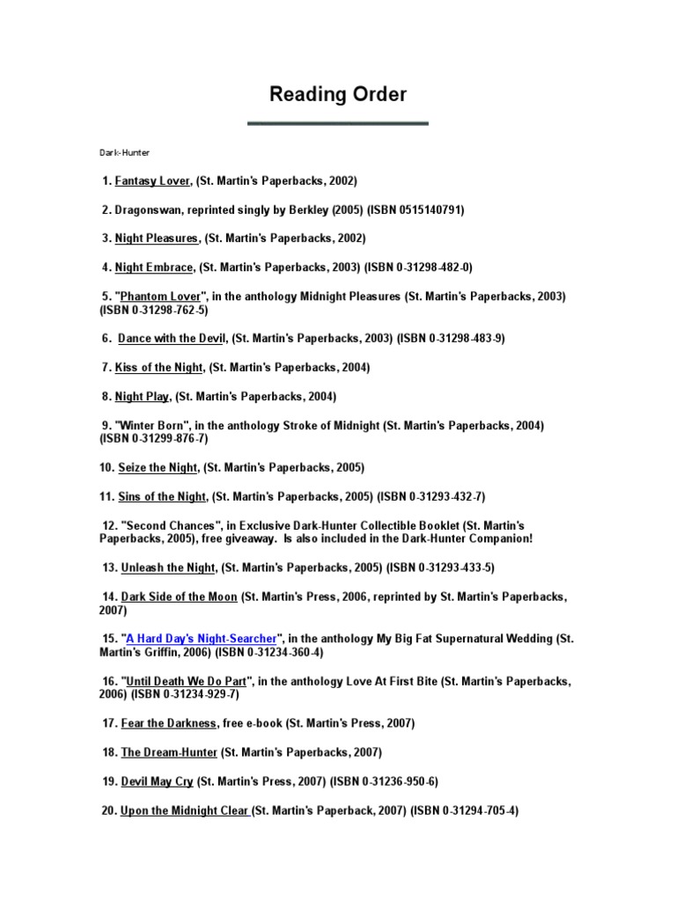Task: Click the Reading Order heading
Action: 338,95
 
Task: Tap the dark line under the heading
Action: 338,123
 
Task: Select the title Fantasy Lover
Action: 152,181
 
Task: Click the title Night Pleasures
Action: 157,238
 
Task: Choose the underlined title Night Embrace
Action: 155,267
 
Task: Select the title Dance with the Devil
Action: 173,338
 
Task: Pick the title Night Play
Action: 142,397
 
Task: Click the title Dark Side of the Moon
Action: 179,597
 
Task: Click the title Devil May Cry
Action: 157,780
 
